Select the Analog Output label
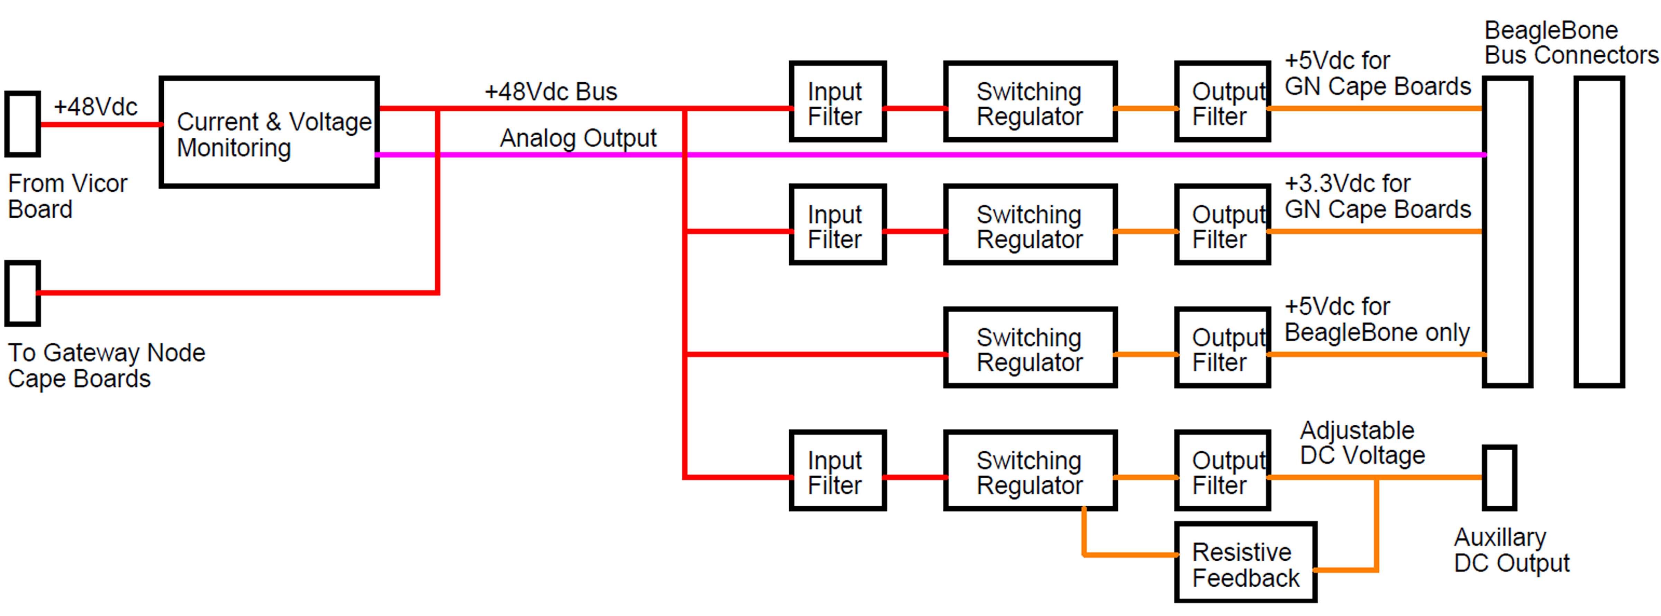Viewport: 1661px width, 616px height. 578,138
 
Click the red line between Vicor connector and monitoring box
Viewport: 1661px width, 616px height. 100,125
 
